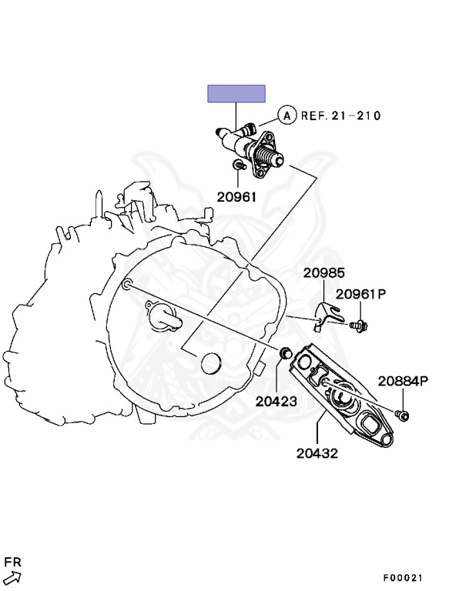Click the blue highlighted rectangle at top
tap(236, 94)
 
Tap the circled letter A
tap(286, 115)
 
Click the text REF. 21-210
tap(340, 115)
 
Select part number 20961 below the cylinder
tap(236, 196)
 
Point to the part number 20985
tap(323, 273)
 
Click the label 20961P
tap(360, 294)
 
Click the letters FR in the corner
tap(13, 562)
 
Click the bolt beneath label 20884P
tap(403, 416)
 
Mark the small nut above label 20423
tap(283, 353)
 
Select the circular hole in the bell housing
tap(210, 362)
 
